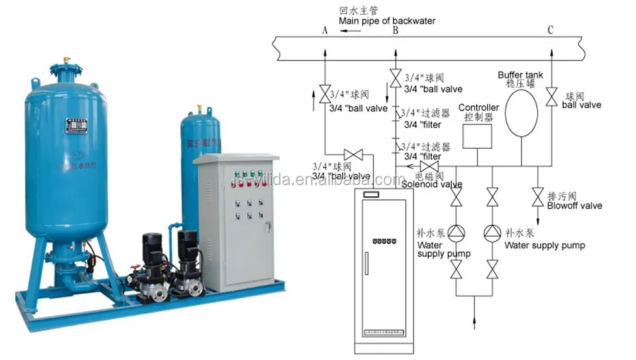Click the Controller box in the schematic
[477, 135]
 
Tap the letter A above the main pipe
[325, 30]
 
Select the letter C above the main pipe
[550, 30]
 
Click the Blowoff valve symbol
[538, 196]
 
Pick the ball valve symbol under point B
[395, 77]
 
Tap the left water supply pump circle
[457, 232]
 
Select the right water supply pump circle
[492, 232]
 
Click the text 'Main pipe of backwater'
[386, 21]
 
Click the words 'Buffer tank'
[520, 75]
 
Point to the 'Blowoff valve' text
[574, 205]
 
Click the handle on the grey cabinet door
[267, 227]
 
